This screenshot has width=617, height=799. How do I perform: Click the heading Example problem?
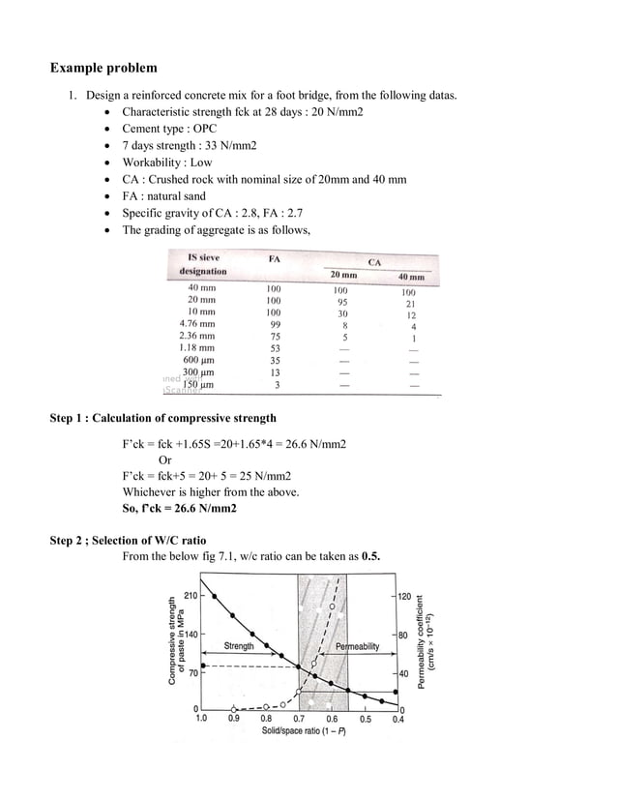103,69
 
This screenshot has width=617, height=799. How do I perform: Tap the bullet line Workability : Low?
166,163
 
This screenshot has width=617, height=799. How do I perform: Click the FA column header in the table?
274,258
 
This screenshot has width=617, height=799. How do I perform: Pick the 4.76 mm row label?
197,324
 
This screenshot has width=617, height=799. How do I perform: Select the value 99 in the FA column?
275,324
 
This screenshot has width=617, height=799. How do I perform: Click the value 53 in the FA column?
275,347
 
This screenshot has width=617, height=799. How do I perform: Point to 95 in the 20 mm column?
341,301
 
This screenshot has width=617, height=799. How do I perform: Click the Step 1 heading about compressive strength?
162,418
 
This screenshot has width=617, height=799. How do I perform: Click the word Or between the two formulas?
165,459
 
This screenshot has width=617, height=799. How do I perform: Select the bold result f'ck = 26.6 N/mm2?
179,508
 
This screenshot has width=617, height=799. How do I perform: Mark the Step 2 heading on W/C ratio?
128,540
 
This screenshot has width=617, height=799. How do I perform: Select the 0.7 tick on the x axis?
299,719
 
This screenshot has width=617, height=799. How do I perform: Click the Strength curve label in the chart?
239,645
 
